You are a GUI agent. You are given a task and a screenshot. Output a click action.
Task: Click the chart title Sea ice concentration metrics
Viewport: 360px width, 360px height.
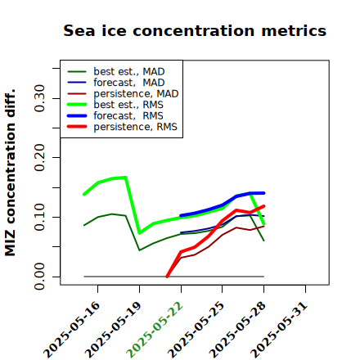(x=195, y=31)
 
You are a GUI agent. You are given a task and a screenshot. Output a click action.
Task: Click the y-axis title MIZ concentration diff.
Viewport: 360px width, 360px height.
(x=11, y=173)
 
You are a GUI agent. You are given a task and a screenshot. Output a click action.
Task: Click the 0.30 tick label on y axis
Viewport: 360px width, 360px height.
(x=40, y=98)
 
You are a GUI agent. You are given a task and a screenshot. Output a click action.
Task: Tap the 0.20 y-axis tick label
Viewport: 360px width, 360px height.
(x=40, y=157)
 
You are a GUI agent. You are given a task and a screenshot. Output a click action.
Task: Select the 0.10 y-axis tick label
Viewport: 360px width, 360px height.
(x=40, y=217)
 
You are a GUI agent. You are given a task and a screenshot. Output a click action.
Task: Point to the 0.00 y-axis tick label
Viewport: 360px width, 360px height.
(x=40, y=277)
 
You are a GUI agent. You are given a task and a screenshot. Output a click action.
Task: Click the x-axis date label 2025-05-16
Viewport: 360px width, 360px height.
(x=71, y=330)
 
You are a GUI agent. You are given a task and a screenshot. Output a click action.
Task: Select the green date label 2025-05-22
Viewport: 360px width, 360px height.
(x=155, y=330)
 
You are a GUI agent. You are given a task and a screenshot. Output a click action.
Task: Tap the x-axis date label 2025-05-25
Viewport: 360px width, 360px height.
(x=196, y=330)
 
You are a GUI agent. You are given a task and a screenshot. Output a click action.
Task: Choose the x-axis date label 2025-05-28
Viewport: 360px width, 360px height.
(x=237, y=330)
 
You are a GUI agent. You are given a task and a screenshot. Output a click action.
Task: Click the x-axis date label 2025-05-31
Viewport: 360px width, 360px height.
(x=279, y=330)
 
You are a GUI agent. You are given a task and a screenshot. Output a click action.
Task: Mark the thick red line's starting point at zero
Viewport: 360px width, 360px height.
(x=167, y=277)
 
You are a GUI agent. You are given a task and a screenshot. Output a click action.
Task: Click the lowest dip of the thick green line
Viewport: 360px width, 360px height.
(x=140, y=233)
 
